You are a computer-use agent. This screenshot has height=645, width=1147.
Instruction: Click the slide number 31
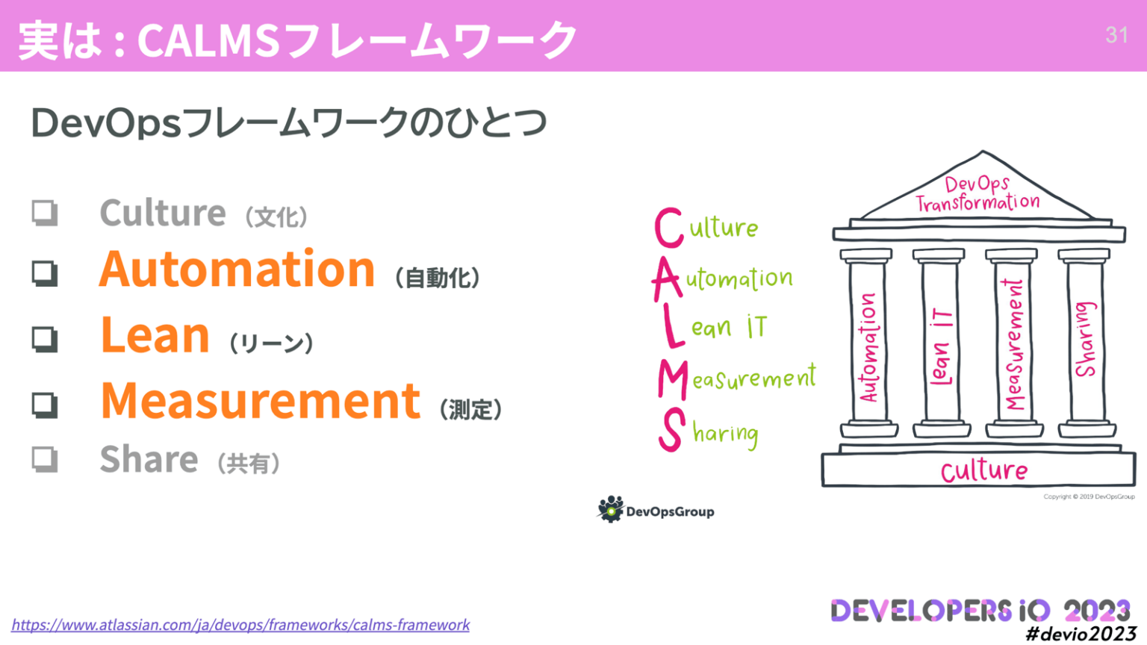point(1116,35)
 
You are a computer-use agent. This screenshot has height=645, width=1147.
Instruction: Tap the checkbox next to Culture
point(45,213)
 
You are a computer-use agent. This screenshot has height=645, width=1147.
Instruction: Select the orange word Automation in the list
point(237,269)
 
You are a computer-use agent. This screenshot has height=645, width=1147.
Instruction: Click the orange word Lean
point(155,335)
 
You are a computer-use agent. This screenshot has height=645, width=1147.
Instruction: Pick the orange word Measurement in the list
point(261,401)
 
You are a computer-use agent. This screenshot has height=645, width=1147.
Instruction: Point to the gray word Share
point(149,459)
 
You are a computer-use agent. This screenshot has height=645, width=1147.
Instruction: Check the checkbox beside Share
point(45,458)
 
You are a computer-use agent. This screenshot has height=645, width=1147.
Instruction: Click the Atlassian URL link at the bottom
point(240,625)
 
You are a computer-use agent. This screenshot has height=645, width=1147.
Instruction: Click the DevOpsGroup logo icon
point(610,509)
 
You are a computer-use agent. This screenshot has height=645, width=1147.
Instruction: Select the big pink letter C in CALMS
point(668,228)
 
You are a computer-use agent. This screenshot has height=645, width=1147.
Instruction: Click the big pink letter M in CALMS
point(672,380)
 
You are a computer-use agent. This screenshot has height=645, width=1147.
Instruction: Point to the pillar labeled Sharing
point(1086,340)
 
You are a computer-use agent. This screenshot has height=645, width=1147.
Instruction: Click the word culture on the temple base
point(983,471)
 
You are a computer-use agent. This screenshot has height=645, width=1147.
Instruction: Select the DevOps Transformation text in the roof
point(977,193)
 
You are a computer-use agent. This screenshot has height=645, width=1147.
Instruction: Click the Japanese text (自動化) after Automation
point(438,278)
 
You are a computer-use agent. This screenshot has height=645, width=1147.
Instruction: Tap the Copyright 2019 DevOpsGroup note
point(1089,496)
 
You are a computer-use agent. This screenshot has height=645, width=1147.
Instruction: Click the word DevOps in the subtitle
point(105,123)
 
